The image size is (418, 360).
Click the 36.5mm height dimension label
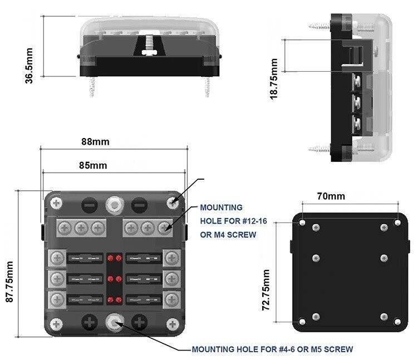pyautogui.click(x=29, y=66)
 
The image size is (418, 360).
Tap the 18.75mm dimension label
pyautogui.click(x=273, y=79)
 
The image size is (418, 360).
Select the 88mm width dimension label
pyautogui.click(x=95, y=141)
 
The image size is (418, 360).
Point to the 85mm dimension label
pyautogui.click(x=93, y=165)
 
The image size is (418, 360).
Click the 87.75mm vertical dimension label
pyautogui.click(x=9, y=282)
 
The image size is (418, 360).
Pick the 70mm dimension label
pyautogui.click(x=331, y=196)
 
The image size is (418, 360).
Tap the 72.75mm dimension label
pyautogui.click(x=266, y=290)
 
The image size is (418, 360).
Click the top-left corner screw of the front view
pyautogui.click(x=57, y=204)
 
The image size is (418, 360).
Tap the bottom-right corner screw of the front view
pyautogui.click(x=173, y=324)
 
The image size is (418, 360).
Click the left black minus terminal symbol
pyautogui.click(x=89, y=205)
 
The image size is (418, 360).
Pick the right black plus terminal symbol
pyautogui.click(x=139, y=323)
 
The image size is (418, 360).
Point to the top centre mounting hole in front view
pyautogui.click(x=114, y=205)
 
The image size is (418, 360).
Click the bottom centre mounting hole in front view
pyautogui.click(x=114, y=323)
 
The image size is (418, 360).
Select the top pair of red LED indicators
pyautogui.click(x=114, y=258)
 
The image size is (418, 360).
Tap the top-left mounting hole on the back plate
pyautogui.click(x=302, y=222)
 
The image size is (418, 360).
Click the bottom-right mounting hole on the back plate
pyautogui.click(x=397, y=322)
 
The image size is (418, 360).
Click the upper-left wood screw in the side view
pyautogui.click(x=320, y=26)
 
